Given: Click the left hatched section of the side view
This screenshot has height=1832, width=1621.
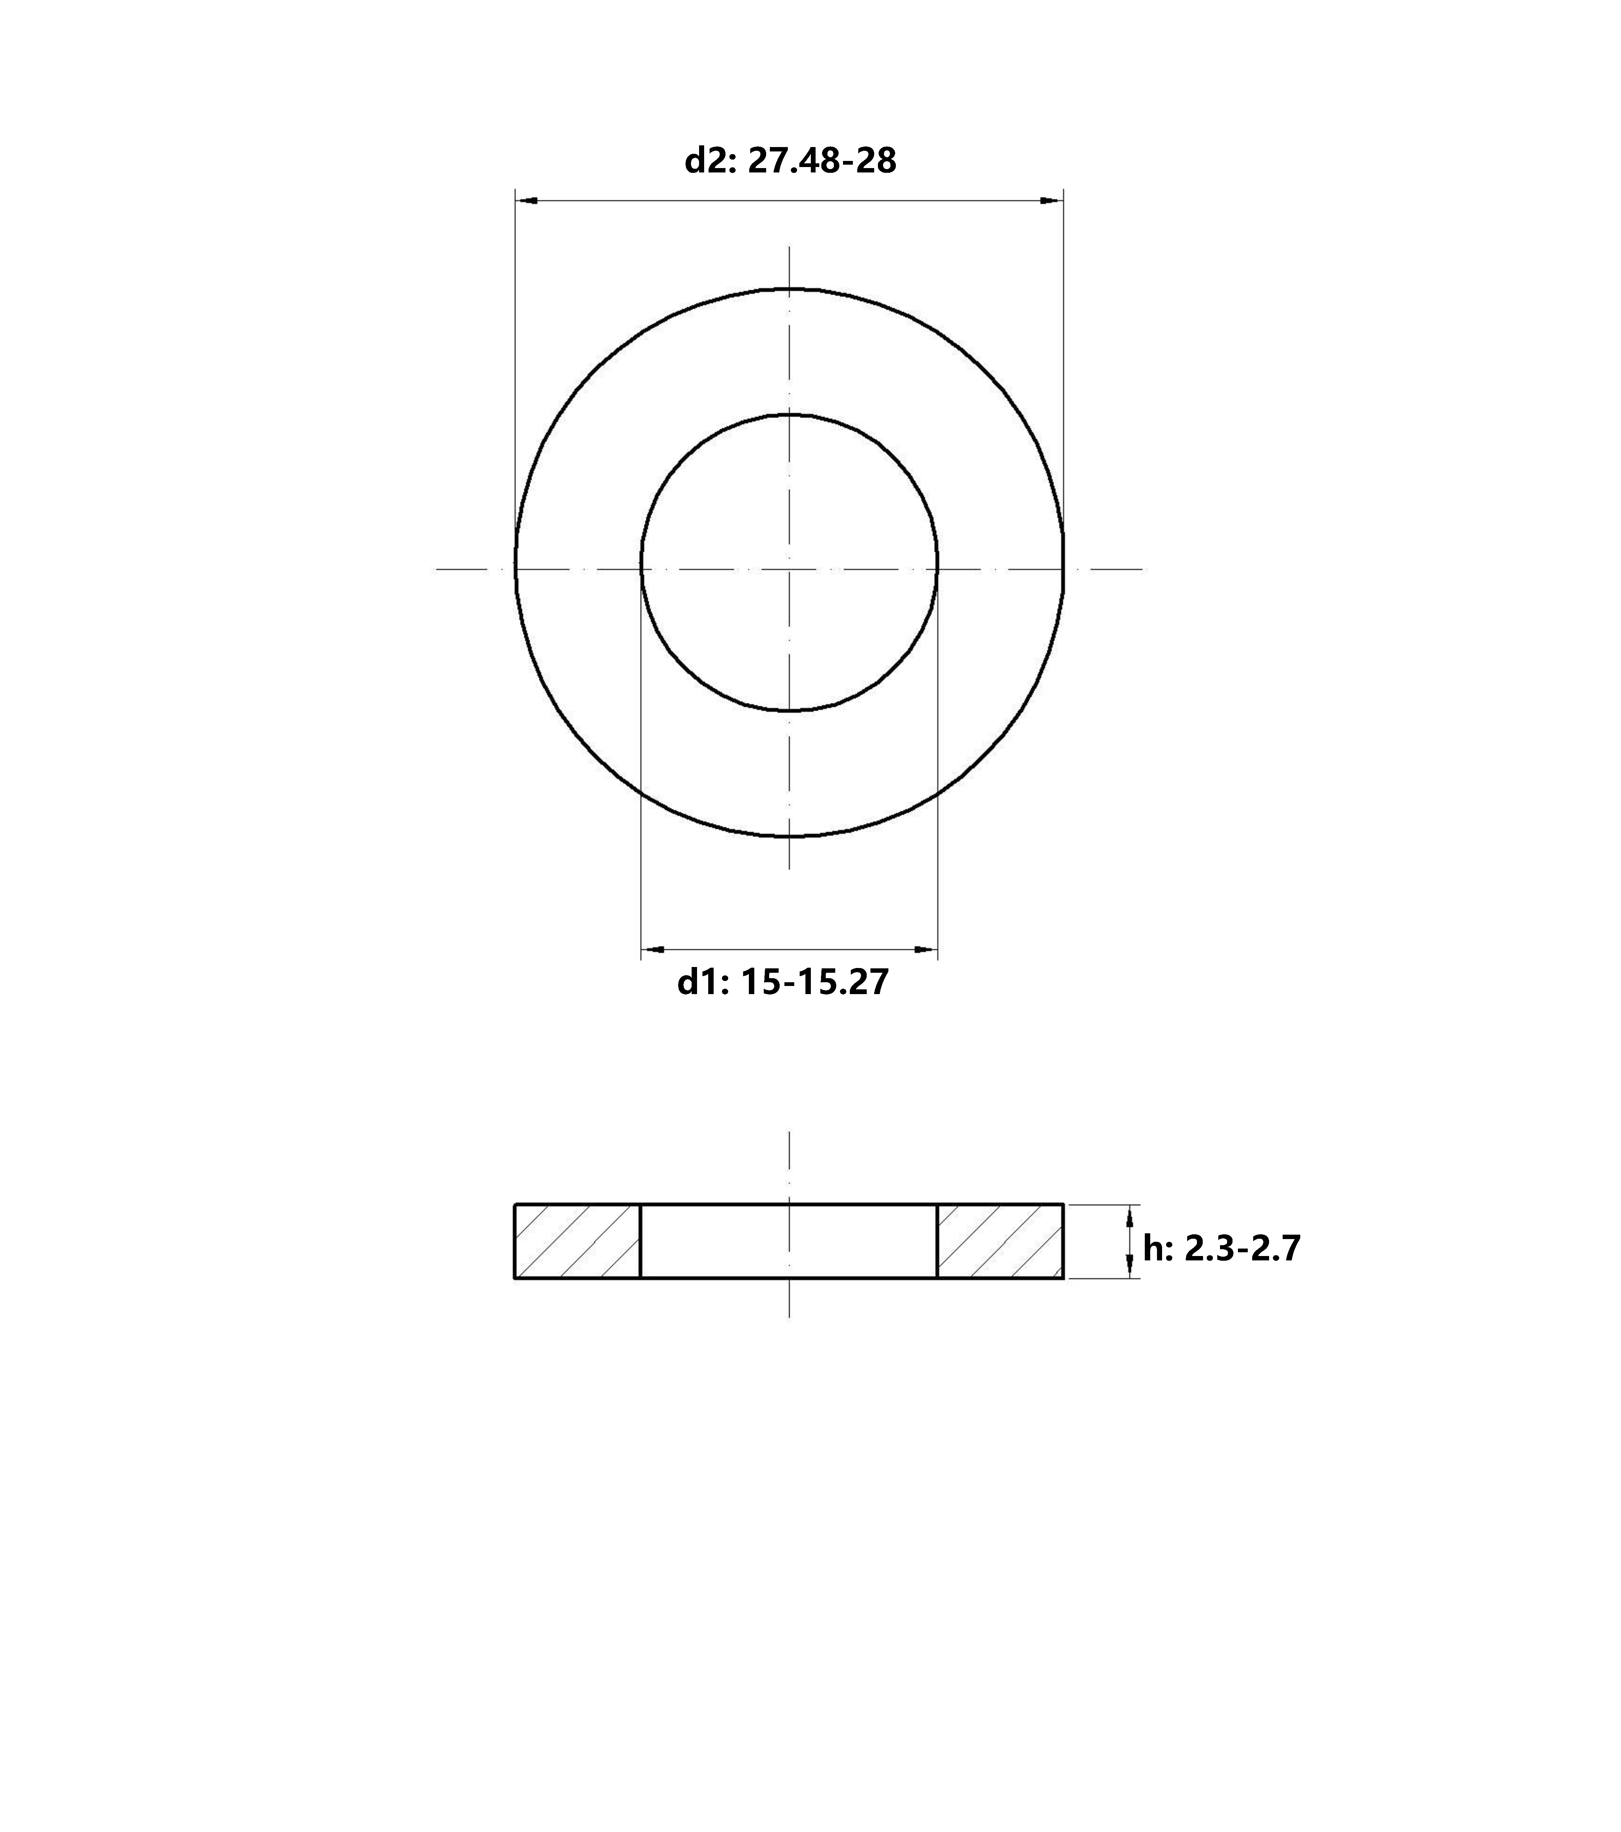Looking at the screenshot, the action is click(x=578, y=1241).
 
